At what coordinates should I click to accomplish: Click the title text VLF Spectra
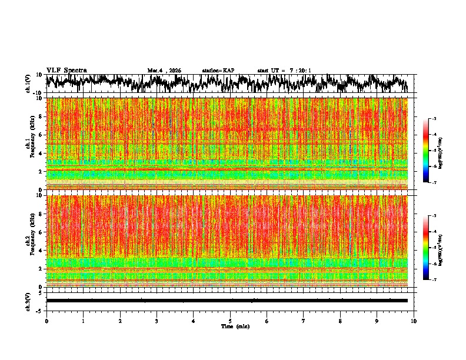tap(66, 70)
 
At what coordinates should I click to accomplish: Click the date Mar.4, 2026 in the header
tap(164, 71)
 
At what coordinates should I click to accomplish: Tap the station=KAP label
tap(218, 71)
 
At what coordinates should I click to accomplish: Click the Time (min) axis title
tap(235, 326)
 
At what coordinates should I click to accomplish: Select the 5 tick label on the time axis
tap(230, 321)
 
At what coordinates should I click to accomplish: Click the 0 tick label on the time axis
tap(46, 321)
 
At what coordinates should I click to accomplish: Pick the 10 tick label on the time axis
tap(414, 321)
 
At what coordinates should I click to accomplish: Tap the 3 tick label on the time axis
tap(157, 321)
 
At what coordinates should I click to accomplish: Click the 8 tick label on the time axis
tap(340, 321)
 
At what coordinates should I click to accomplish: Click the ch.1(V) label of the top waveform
tap(28, 84)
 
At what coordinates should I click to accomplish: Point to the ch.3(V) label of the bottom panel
tap(28, 301)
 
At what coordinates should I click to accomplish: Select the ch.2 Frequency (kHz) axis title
tap(29, 240)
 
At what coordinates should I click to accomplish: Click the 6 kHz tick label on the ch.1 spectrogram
tap(41, 135)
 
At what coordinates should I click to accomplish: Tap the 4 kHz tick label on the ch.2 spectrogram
tap(41, 250)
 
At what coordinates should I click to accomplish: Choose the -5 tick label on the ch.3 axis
tap(39, 309)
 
